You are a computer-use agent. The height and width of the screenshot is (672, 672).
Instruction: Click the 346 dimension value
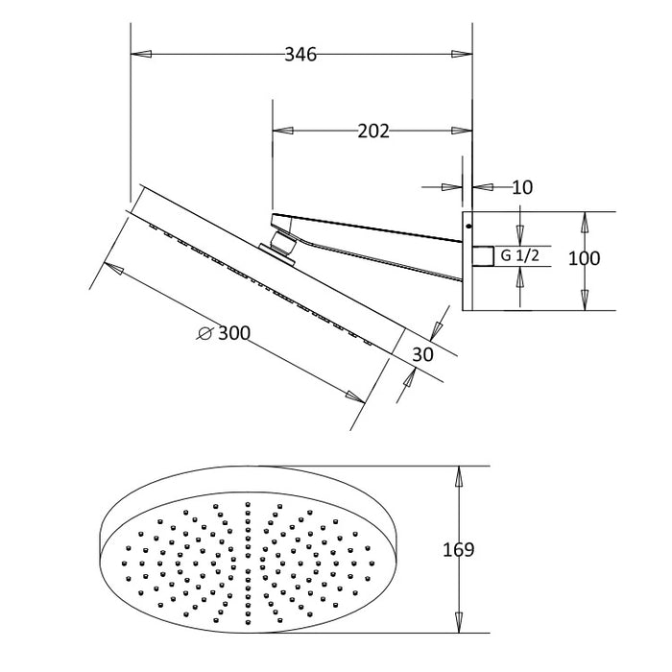tap(300, 55)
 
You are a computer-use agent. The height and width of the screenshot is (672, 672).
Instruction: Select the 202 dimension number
tap(373, 131)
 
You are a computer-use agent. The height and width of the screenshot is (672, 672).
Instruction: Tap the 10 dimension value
tap(522, 187)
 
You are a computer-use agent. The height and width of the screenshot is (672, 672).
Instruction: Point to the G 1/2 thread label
tap(520, 256)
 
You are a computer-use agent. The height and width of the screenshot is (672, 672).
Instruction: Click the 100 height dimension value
tap(584, 258)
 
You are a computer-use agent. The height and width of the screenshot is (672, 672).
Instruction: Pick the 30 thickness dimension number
tap(422, 354)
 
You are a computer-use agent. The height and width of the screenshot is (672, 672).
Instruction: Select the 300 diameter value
tap(234, 333)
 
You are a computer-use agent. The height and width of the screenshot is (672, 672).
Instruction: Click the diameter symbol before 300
tap(205, 333)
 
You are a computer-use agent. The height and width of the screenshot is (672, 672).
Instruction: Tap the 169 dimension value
tap(458, 549)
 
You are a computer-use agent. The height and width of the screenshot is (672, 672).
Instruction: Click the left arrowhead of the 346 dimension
tap(141, 55)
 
